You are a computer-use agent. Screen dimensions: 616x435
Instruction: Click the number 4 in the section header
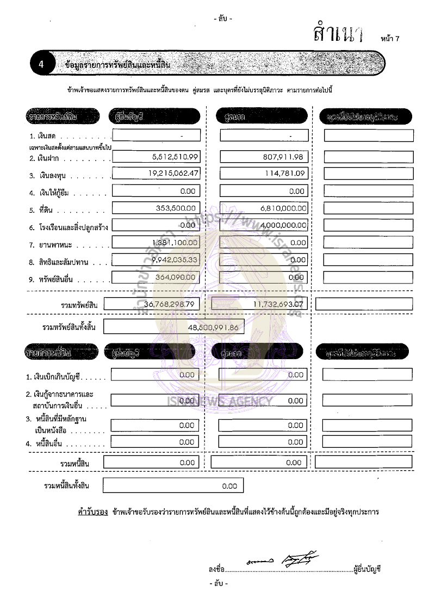(41, 65)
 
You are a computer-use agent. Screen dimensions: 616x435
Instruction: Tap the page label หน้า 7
(390, 39)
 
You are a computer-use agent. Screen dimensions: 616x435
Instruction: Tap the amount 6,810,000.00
(279, 208)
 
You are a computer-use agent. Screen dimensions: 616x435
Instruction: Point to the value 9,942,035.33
(172, 260)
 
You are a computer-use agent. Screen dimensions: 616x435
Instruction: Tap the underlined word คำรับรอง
(92, 512)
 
